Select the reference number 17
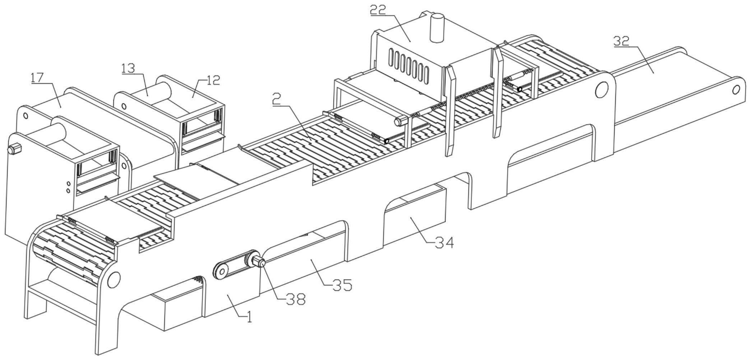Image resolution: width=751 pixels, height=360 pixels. tap(37, 78)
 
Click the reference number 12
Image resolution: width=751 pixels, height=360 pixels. tap(213, 80)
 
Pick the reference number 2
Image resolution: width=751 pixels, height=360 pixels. tap(276, 100)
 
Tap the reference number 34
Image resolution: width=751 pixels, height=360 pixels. tap(444, 243)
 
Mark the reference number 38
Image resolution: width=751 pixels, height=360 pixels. tap(295, 299)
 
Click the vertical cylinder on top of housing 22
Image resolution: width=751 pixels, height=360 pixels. tap(437, 28)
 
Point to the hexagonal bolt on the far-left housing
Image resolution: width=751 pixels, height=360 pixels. tap(14, 148)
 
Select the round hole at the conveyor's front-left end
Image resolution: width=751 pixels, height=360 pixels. tap(113, 279)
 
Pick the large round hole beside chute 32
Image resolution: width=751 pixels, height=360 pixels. tap(602, 89)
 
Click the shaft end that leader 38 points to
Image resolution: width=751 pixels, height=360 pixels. tap(262, 264)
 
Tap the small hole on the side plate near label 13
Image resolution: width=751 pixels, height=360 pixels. tap(124, 106)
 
